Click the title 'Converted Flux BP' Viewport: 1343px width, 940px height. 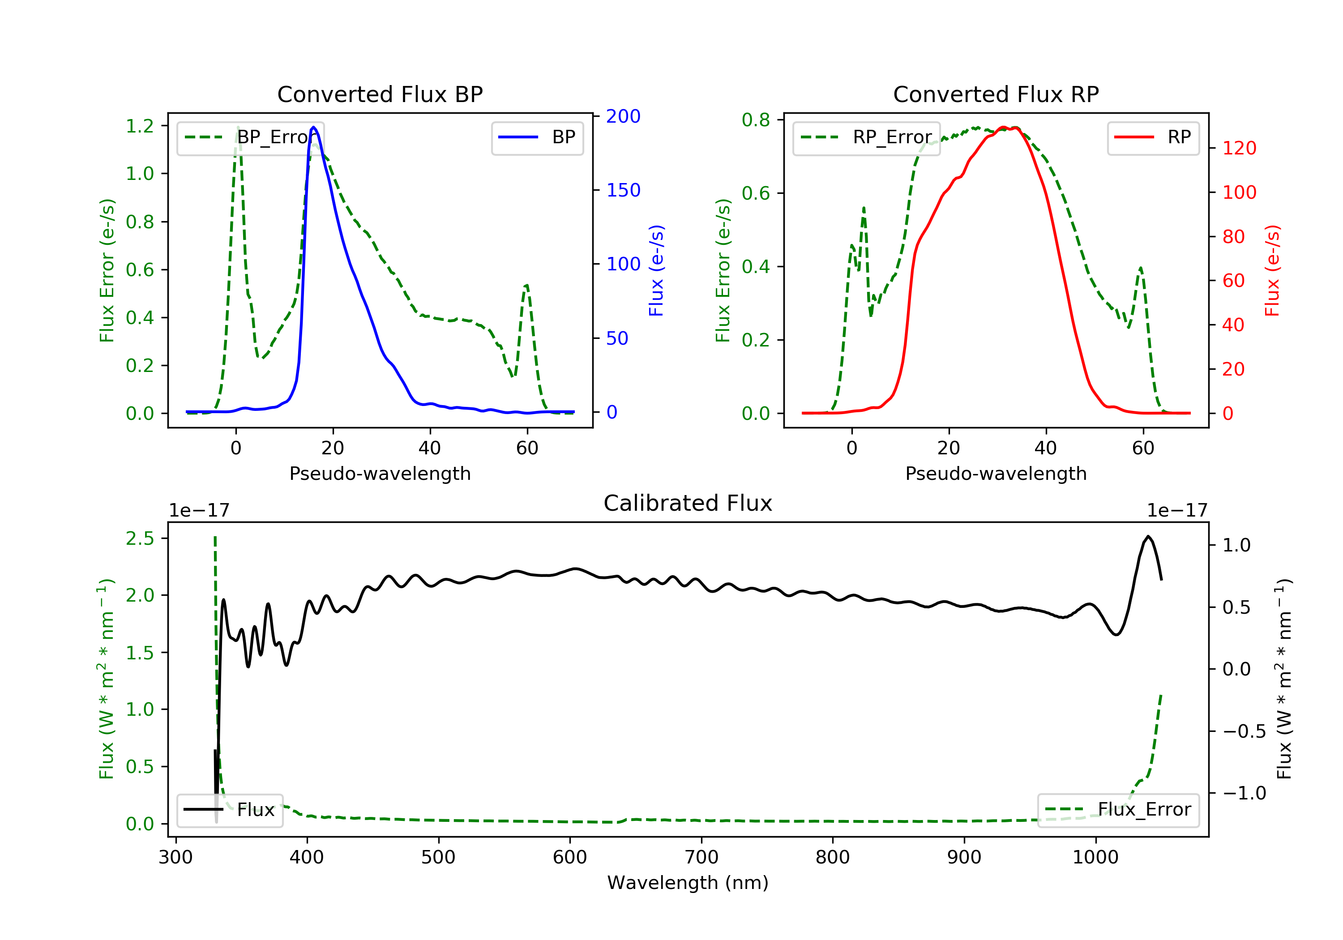click(x=380, y=94)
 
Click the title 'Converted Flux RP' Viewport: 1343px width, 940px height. click(x=996, y=94)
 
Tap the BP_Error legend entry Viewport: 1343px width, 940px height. click(x=250, y=137)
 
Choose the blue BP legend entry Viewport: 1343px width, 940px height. click(x=537, y=137)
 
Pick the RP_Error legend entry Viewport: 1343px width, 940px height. click(x=866, y=137)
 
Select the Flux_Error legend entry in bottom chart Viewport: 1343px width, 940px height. click(x=1118, y=810)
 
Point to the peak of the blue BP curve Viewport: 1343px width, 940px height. click(x=313, y=127)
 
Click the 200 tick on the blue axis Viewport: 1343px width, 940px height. click(x=623, y=116)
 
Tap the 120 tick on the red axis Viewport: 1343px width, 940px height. click(x=1239, y=148)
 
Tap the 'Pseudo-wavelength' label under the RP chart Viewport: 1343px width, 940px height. click(x=996, y=473)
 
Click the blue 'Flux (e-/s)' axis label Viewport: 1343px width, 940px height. click(x=656, y=270)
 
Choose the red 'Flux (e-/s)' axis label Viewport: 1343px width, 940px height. click(x=1272, y=270)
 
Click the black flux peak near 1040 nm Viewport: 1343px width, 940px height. click(x=1148, y=536)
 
